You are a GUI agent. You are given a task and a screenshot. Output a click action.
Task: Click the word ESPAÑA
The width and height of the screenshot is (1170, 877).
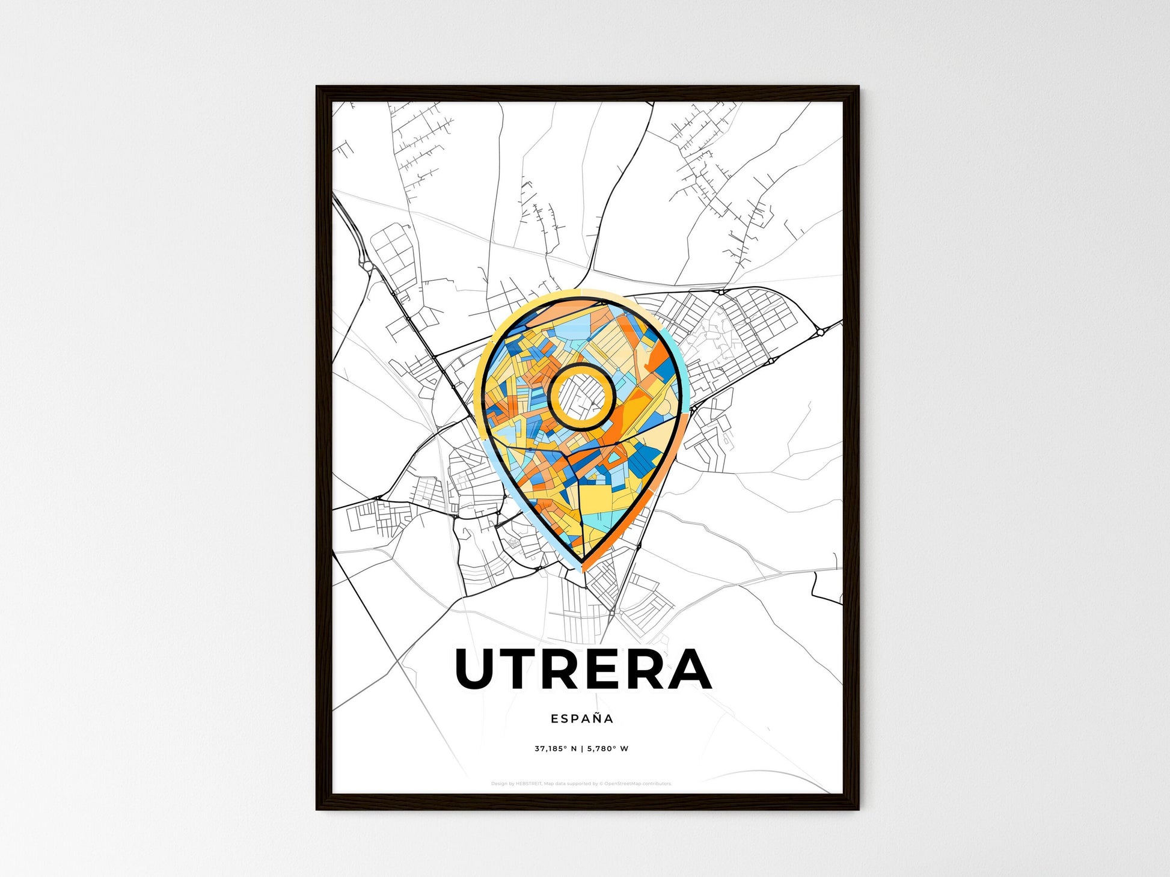581,718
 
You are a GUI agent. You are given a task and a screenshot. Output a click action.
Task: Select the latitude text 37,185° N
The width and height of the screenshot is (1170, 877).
556,749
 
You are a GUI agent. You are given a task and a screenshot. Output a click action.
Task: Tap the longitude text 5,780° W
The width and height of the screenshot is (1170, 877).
608,749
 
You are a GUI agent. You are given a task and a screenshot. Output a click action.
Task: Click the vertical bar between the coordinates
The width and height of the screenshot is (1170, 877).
582,749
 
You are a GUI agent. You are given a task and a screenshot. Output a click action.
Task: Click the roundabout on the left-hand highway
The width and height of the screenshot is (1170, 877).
366,265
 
